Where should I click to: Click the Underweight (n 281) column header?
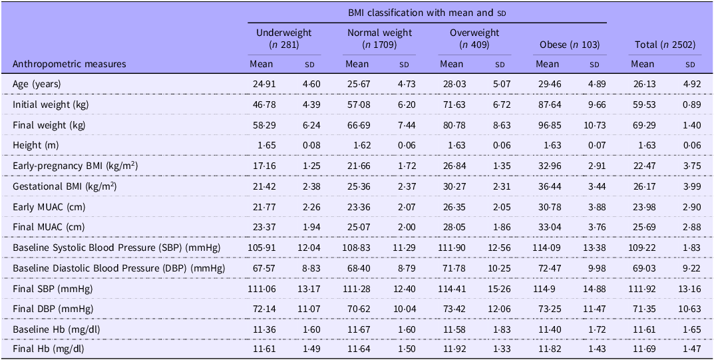[x=284, y=39]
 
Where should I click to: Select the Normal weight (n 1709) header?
[x=380, y=39]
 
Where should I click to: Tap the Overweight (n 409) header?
[x=474, y=39]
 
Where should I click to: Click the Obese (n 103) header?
[x=570, y=45]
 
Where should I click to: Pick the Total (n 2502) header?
[x=665, y=45]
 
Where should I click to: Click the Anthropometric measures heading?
[x=69, y=64]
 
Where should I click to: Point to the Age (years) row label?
[x=37, y=85]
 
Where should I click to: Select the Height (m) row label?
[x=35, y=145]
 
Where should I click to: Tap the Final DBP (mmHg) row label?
[x=53, y=309]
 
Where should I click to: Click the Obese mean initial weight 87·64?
[x=547, y=104]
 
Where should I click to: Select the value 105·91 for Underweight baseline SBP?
[x=262, y=248]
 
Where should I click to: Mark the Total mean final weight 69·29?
[x=642, y=125]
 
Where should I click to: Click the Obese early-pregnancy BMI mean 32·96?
[x=547, y=166]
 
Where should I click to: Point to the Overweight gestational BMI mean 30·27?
[x=452, y=186]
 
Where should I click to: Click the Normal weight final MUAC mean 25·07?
[x=357, y=227]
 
